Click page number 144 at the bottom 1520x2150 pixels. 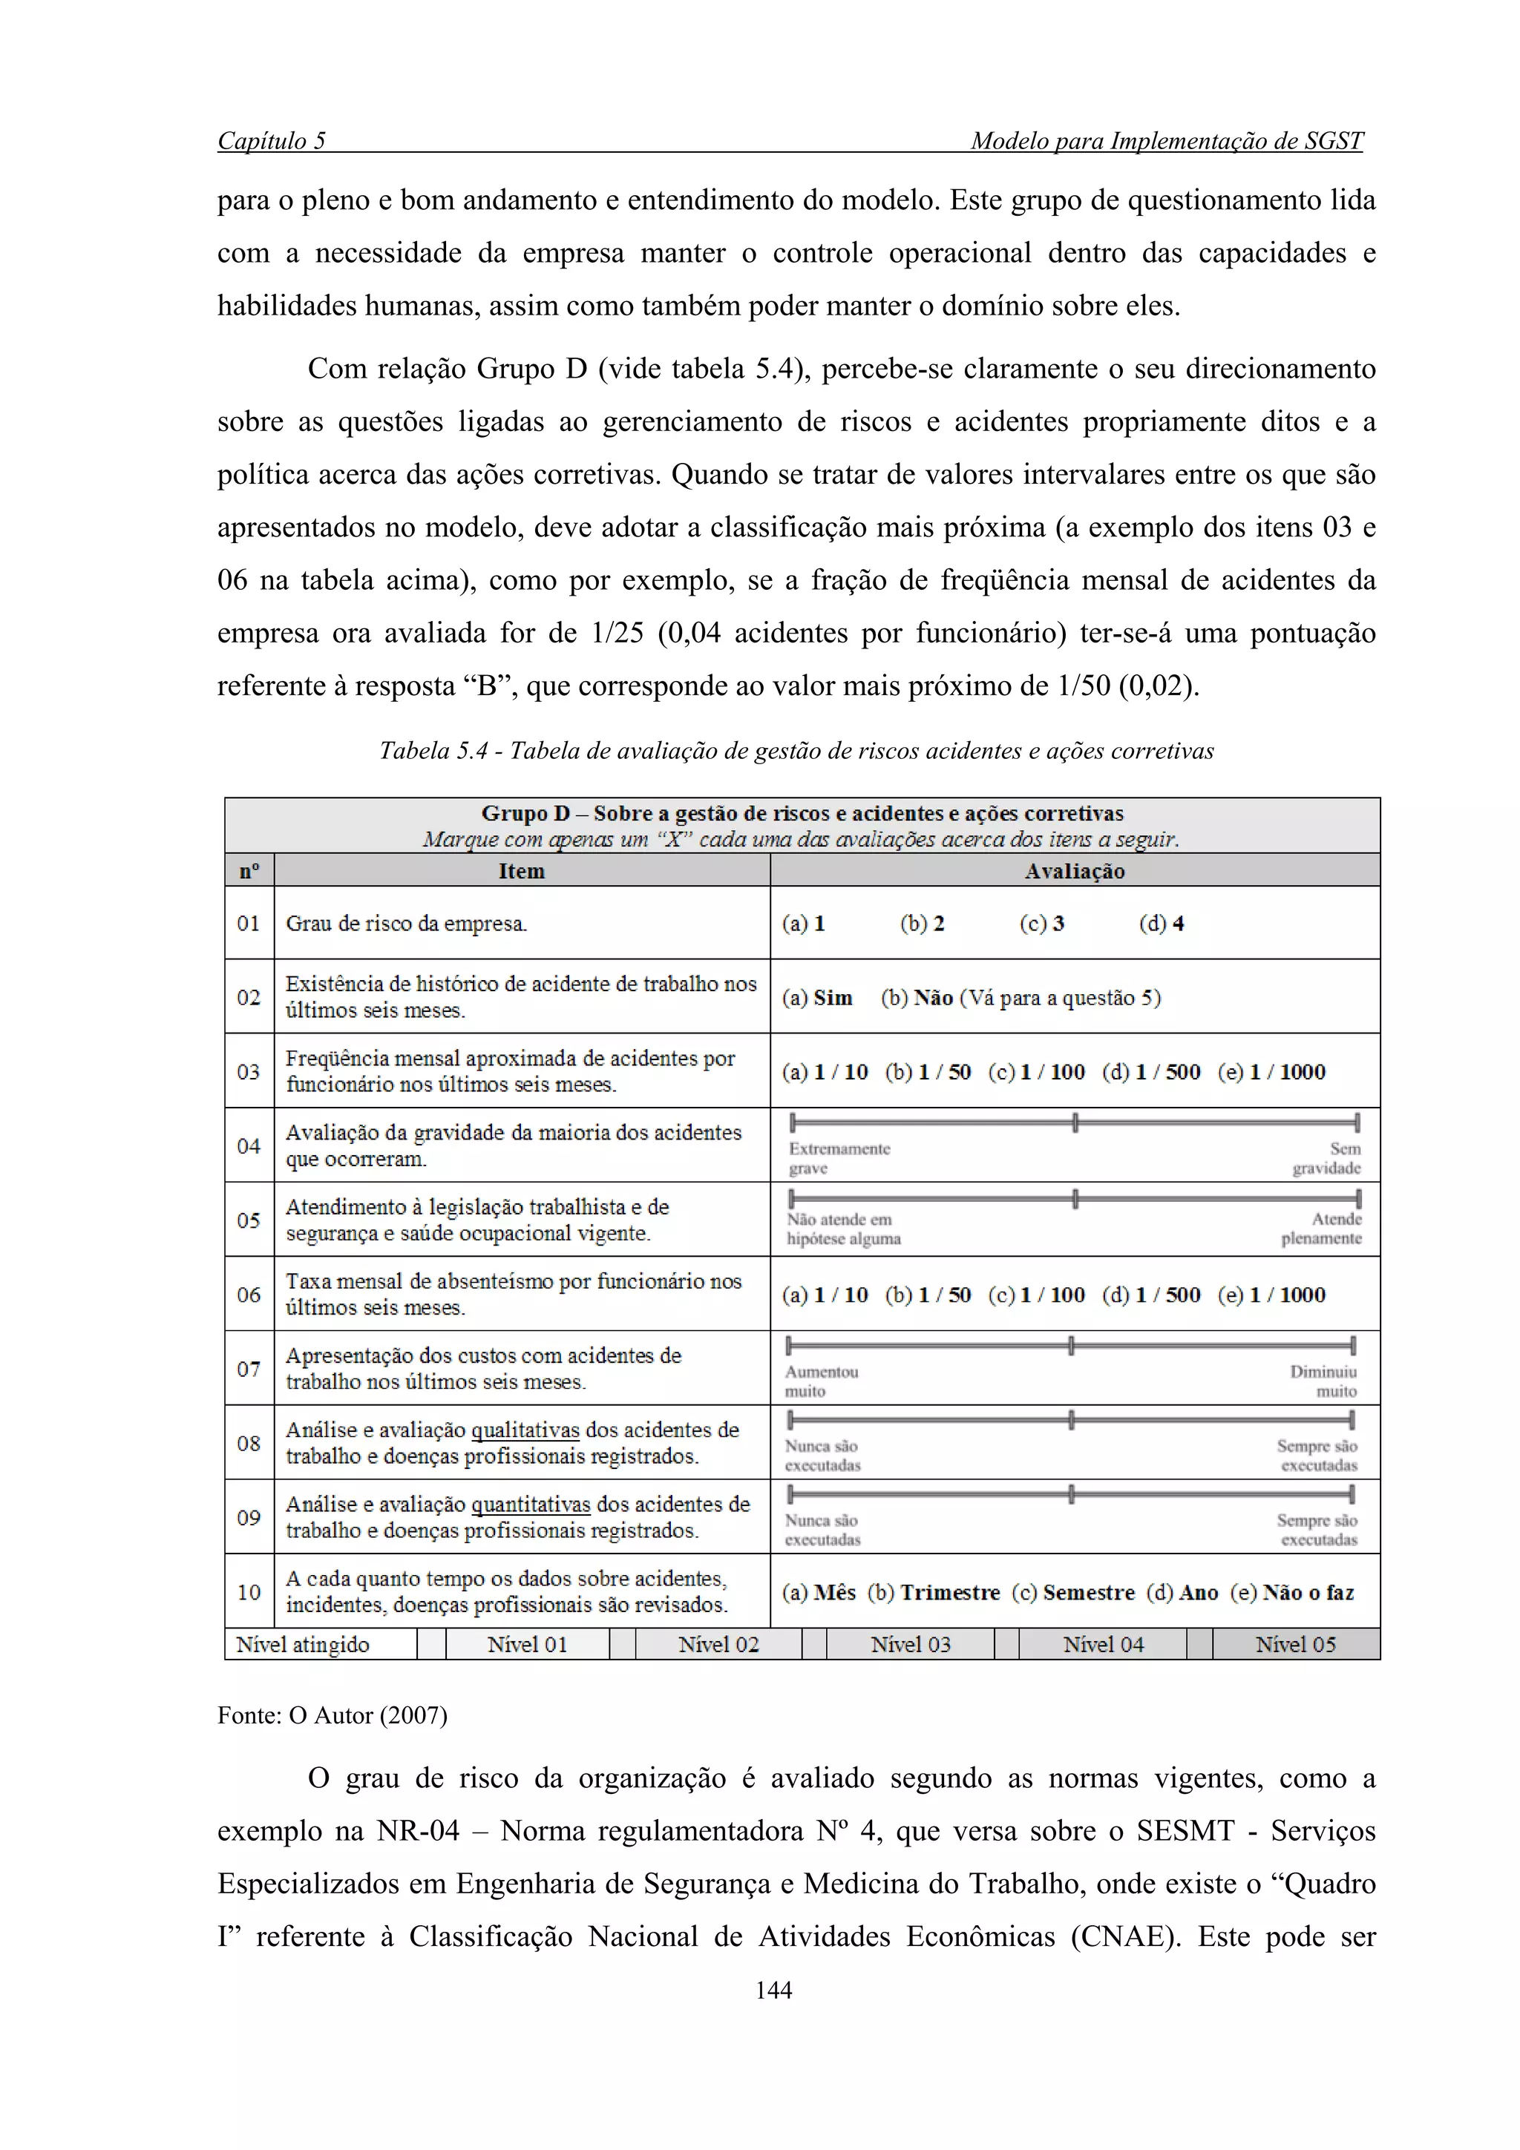(773, 1990)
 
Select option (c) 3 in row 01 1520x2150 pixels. (1041, 924)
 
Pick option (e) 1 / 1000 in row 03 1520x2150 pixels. (1271, 1072)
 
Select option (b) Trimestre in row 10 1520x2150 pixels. (933, 1593)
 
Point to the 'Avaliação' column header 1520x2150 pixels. (1074, 871)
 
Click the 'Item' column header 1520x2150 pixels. (521, 871)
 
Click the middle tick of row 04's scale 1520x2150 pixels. (1075, 1122)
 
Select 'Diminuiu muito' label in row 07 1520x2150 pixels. (1323, 1381)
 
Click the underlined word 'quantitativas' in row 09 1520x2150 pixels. (530, 1505)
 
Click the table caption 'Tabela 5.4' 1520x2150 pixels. (433, 751)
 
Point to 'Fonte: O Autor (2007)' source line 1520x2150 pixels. (332, 1715)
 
